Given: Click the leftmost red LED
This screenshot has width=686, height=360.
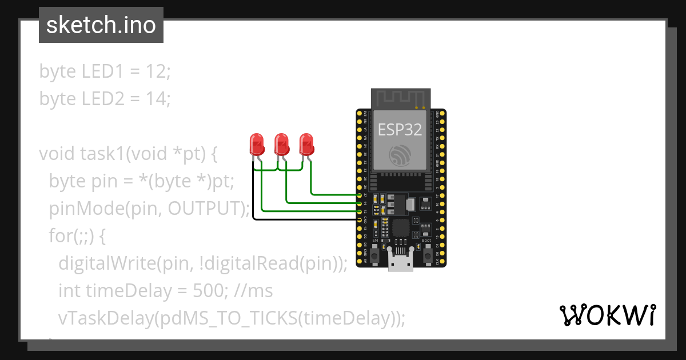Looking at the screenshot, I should tap(256, 143).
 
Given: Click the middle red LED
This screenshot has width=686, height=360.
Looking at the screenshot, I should tap(281, 143).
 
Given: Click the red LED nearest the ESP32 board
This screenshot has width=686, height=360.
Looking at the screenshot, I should tap(306, 143).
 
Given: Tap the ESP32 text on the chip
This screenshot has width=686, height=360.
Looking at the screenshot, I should tap(400, 130).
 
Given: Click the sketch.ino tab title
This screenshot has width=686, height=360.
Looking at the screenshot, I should tap(101, 25).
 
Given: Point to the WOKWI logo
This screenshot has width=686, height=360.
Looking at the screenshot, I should tap(607, 315).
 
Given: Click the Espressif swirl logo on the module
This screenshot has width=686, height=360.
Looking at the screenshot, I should tap(400, 155).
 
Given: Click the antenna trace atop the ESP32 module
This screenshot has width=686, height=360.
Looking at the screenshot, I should tap(400, 98).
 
